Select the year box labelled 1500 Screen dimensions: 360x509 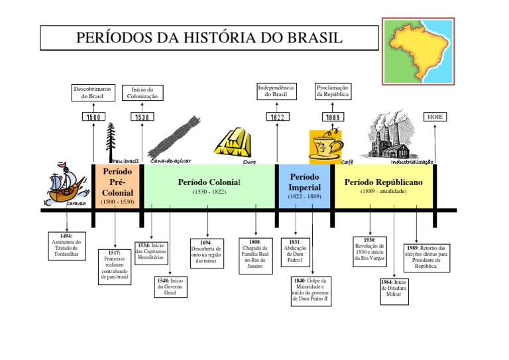click(x=93, y=117)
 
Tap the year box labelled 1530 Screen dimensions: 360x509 click(x=142, y=117)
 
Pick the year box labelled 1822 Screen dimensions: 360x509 click(x=276, y=117)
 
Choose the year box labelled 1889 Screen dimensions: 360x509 click(x=332, y=117)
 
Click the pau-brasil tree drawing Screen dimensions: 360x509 click(x=112, y=140)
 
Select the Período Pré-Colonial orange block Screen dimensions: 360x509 click(x=117, y=186)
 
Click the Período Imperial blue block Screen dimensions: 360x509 click(x=304, y=186)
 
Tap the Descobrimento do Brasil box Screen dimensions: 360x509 click(x=93, y=91)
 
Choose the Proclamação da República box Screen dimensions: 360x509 click(x=332, y=91)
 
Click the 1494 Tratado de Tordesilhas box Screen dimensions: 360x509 click(x=67, y=246)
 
